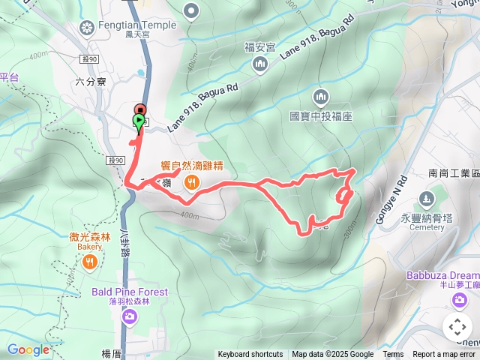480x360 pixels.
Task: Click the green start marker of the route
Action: pyautogui.click(x=139, y=120)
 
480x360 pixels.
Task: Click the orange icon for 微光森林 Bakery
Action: pyautogui.click(x=89, y=261)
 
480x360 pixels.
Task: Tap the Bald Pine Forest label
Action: pyautogui.click(x=130, y=292)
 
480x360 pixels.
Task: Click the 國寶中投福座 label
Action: pyautogui.click(x=321, y=117)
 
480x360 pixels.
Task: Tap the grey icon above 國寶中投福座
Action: pyautogui.click(x=321, y=97)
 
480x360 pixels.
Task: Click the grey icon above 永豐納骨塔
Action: pyautogui.click(x=427, y=199)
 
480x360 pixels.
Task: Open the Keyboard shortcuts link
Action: pyautogui.click(x=250, y=355)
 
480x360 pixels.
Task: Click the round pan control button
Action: pyautogui.click(x=457, y=327)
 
